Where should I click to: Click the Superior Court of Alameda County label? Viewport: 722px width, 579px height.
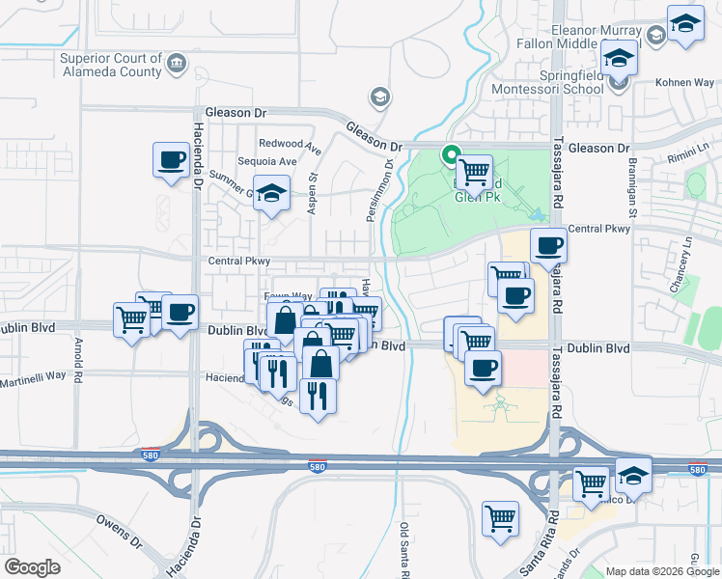pos(111,64)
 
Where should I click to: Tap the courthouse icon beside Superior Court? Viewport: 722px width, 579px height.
pos(177,65)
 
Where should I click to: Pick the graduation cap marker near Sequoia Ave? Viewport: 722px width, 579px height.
pos(271,193)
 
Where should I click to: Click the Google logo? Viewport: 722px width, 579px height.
pos(33,567)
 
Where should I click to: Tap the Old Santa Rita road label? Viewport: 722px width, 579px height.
pos(405,550)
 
